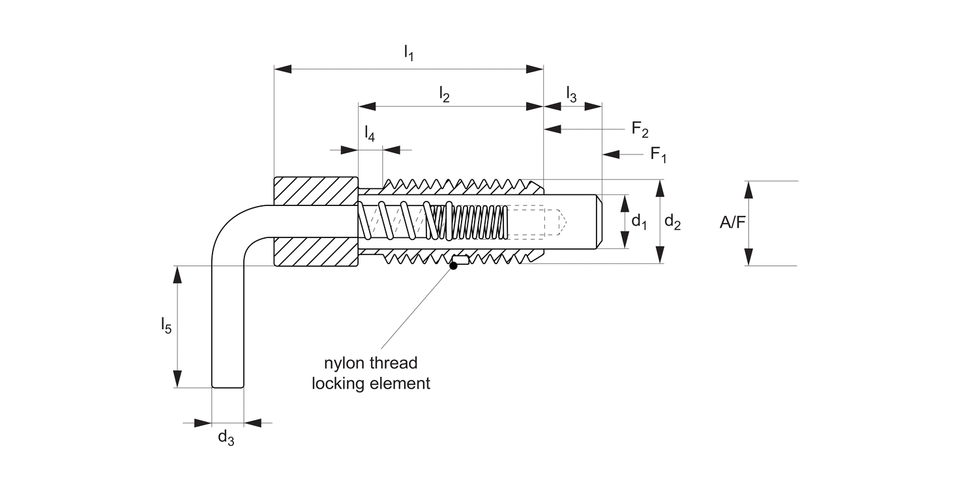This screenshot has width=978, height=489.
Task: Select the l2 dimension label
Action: coord(444,95)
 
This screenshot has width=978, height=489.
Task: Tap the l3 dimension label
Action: coord(571,94)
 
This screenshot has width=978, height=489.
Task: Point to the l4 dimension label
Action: coord(369,133)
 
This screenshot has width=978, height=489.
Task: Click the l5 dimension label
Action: coord(166,325)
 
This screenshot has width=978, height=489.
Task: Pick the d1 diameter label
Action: coord(639,222)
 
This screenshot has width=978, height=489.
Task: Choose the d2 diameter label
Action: coord(672,222)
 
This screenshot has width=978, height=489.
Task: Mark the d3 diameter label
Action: coord(226,437)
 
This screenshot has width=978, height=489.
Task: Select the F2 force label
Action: coord(640,129)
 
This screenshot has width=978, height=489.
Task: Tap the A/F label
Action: coord(732,223)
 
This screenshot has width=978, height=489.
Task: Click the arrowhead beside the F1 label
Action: coord(610,155)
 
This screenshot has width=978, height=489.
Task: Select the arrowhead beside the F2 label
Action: coord(553,129)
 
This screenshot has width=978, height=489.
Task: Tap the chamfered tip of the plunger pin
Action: coord(601,221)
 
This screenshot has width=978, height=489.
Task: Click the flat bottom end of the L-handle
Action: coord(228,387)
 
